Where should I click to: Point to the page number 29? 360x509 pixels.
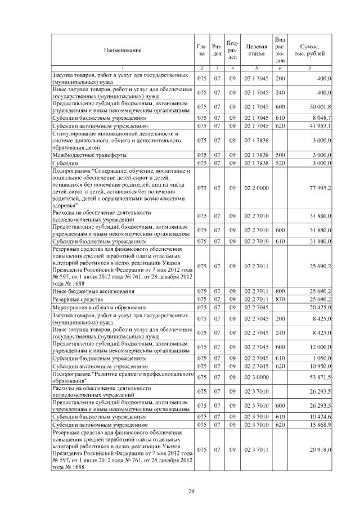tap(191, 492)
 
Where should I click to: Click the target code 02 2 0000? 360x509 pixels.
tap(256, 188)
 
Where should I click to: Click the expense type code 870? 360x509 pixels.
tap(280, 300)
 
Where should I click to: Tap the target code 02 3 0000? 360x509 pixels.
tap(256, 377)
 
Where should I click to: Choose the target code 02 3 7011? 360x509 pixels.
tap(256, 450)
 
